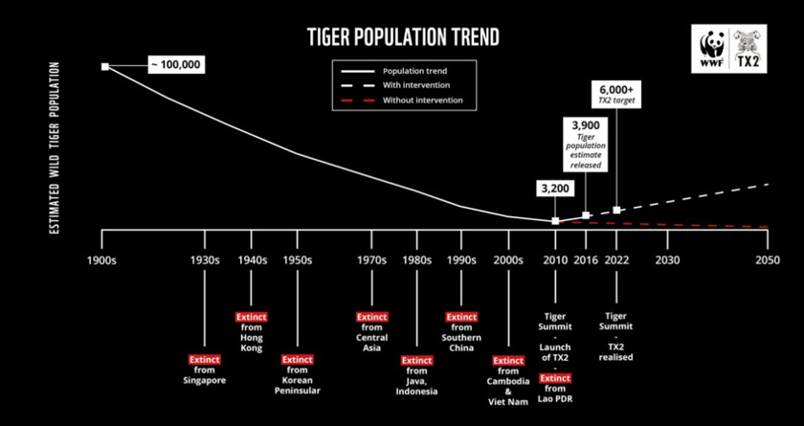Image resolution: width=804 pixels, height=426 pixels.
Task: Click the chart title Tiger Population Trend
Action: point(402,37)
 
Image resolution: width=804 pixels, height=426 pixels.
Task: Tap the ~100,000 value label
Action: point(175,65)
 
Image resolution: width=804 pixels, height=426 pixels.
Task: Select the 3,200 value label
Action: point(555,189)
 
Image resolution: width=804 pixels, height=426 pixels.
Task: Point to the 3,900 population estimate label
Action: point(587,124)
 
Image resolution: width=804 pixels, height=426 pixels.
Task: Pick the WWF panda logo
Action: point(713,51)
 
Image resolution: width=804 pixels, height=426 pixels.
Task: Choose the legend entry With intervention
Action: point(416,85)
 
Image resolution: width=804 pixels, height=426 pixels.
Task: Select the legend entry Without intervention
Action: point(422,100)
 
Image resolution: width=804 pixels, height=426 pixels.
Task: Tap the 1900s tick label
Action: point(101,259)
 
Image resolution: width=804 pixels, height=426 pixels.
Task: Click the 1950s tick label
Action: point(297,259)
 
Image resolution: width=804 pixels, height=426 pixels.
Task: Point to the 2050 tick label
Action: point(768,259)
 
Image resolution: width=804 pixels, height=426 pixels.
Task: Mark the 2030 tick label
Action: point(667,259)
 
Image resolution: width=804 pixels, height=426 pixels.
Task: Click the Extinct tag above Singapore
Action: point(204,360)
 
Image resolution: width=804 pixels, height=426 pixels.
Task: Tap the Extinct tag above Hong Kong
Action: point(252,317)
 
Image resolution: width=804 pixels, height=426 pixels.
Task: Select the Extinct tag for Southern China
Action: point(461,317)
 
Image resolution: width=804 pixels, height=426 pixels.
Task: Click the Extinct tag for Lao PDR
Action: point(555,379)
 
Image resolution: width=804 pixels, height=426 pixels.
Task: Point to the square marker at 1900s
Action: point(104,66)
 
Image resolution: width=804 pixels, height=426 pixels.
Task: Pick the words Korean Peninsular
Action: point(297,386)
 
